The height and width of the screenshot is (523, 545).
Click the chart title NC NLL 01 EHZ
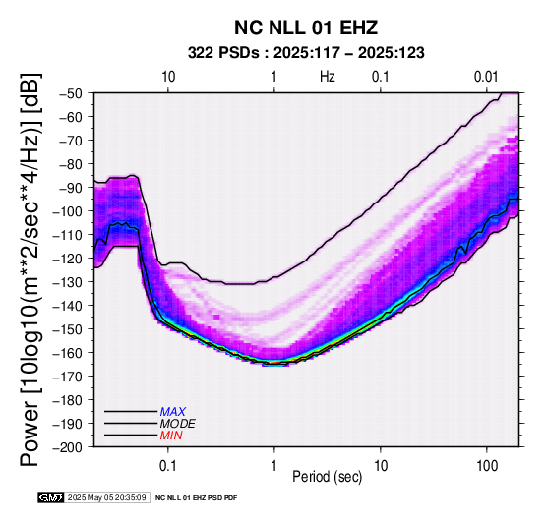point(306,28)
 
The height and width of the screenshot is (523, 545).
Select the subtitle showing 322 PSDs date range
point(306,53)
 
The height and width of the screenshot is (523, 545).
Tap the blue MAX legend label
point(173,412)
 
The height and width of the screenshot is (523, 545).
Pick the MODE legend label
point(178,424)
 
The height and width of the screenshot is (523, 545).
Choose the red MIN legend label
point(171,436)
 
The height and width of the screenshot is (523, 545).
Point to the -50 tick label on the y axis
point(71,93)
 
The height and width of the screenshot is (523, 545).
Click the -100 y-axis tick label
point(68,211)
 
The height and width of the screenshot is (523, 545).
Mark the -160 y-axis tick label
point(68,353)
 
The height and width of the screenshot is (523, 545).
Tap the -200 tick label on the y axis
point(68,447)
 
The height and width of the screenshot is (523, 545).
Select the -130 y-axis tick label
point(68,282)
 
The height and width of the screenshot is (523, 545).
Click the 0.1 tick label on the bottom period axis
point(168,466)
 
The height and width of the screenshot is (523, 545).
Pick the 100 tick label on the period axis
point(487,466)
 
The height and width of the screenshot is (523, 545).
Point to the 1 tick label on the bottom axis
point(274,466)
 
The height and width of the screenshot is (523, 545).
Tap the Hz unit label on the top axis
point(328,77)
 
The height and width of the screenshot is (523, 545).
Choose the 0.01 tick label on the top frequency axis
point(486,77)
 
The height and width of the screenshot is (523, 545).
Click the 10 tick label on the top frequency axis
point(168,77)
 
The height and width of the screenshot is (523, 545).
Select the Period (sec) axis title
point(327,477)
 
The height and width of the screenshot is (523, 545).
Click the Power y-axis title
point(30,269)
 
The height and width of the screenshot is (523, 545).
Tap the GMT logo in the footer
point(51,497)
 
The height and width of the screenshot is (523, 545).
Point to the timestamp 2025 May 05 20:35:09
point(106,497)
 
